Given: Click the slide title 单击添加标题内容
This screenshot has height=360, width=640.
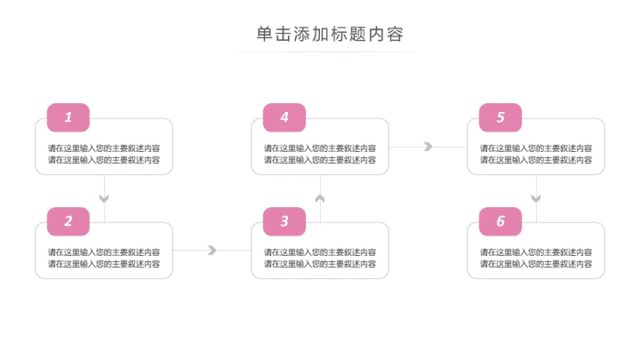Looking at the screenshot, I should [330, 35].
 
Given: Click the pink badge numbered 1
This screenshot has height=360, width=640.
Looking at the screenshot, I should [68, 117].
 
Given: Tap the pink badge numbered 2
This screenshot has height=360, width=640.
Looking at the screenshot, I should [68, 221].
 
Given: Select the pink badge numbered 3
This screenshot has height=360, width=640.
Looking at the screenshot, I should [284, 221].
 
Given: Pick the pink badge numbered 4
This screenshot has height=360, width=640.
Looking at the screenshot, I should [284, 117].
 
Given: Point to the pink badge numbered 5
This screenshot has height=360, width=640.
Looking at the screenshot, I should [500, 117].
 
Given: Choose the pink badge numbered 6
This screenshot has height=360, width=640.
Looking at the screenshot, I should [500, 221].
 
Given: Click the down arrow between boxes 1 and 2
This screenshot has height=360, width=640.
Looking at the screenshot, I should [104, 197].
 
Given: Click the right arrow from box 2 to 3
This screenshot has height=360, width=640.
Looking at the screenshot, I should [212, 251].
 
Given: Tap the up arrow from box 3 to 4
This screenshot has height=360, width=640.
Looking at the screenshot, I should [320, 198].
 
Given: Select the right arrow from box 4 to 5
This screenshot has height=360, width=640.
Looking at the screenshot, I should [428, 147].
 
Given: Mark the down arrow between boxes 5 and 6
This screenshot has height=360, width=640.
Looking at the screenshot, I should [536, 197].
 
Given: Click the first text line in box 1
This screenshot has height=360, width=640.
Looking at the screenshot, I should [104, 148].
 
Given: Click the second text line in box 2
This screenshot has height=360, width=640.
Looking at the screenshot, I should [104, 264].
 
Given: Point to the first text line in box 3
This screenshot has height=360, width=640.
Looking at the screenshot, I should [320, 252].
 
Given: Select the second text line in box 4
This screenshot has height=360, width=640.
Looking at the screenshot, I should [320, 160].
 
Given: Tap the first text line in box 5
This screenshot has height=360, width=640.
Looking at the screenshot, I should [536, 148].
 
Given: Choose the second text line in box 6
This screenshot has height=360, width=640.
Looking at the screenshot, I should [536, 264].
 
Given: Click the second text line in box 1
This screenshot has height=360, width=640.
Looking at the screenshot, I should [104, 160].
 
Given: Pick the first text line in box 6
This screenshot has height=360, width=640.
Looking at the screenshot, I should [536, 252].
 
